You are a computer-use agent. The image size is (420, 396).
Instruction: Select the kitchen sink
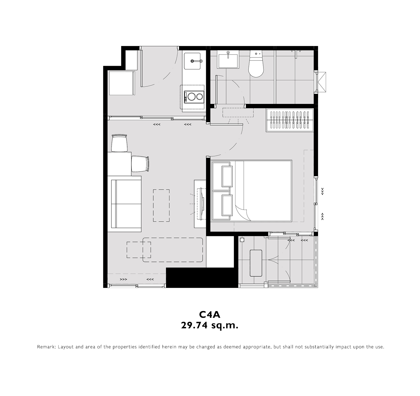tap(192, 61)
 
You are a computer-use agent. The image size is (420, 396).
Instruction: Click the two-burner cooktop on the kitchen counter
tap(194, 97)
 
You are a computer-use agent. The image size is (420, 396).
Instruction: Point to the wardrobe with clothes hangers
tap(290, 120)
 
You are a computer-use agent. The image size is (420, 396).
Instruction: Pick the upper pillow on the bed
tap(227, 176)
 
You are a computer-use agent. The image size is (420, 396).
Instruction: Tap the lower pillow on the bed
tap(227, 205)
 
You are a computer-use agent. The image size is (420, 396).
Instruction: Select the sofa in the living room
tap(124, 204)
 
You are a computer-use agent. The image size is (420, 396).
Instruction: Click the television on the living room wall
tap(201, 204)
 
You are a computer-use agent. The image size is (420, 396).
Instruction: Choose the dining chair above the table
tap(119, 143)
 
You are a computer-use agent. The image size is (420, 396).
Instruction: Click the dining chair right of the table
tap(140, 164)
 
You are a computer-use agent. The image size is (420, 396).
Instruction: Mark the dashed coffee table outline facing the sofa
tap(161, 205)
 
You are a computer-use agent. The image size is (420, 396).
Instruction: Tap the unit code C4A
tap(210, 315)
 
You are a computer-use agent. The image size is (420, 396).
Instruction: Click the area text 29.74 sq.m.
tap(210, 326)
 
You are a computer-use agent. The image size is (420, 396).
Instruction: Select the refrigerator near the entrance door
tap(122, 83)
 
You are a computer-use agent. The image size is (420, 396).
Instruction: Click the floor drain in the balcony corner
tap(242, 240)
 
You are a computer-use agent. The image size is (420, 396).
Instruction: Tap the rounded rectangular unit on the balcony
tap(256, 263)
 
